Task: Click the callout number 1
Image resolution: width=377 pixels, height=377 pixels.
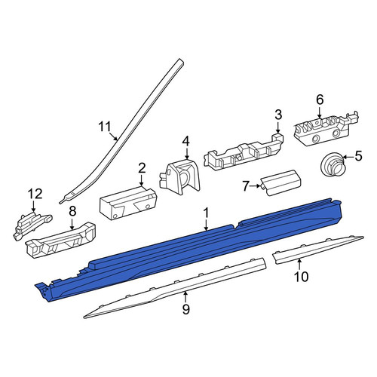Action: click(x=206, y=213)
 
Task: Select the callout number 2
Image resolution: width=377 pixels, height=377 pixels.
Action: click(x=142, y=168)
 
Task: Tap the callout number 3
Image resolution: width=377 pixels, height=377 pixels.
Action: click(x=278, y=115)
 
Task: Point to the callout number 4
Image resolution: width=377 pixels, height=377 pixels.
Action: click(x=185, y=142)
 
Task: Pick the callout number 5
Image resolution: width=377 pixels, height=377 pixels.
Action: click(x=358, y=156)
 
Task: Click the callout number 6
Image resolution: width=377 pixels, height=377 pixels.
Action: click(x=320, y=100)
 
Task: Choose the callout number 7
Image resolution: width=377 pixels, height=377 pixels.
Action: click(x=246, y=186)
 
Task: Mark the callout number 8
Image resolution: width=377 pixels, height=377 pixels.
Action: click(x=72, y=211)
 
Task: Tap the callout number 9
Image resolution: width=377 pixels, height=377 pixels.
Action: click(x=185, y=309)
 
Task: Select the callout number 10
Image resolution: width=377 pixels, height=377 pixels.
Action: click(x=301, y=277)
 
